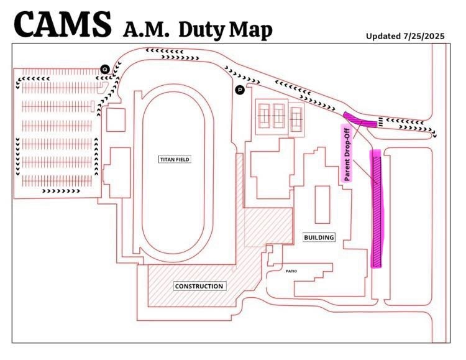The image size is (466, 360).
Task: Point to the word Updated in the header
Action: [383, 35]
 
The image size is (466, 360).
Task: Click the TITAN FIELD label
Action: [174, 159]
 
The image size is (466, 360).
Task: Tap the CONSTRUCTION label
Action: [199, 286]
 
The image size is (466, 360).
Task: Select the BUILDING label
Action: [319, 237]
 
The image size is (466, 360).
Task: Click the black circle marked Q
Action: [105, 68]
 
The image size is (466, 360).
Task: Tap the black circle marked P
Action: [240, 90]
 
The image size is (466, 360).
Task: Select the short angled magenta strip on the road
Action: [360, 119]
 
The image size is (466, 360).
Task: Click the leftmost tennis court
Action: [263, 114]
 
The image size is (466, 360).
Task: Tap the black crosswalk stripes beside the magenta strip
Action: [380, 122]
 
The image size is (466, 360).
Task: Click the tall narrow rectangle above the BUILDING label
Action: [322, 204]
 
